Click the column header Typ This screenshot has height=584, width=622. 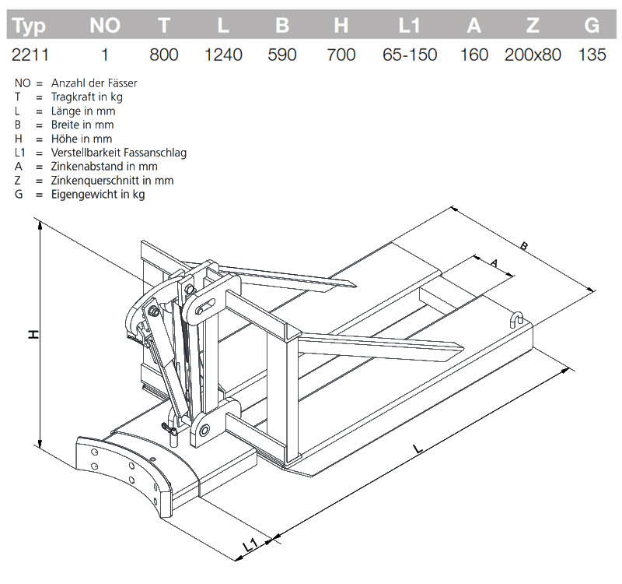30,26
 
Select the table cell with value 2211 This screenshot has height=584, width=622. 30,55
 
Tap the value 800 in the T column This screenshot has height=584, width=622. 163,55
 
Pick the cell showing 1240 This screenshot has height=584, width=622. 223,55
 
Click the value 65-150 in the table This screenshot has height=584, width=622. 410,55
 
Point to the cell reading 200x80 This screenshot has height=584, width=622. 532,55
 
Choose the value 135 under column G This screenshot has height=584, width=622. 592,55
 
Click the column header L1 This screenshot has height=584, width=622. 410,26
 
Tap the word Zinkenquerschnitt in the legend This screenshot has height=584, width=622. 93,180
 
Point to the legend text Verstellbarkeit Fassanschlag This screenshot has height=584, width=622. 118,153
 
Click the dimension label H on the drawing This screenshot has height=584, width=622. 33,334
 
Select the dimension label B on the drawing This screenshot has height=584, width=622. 524,247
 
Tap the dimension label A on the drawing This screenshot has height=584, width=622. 493,263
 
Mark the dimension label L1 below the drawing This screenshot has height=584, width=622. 250,546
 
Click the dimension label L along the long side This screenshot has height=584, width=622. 418,449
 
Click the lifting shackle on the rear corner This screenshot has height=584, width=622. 515,318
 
